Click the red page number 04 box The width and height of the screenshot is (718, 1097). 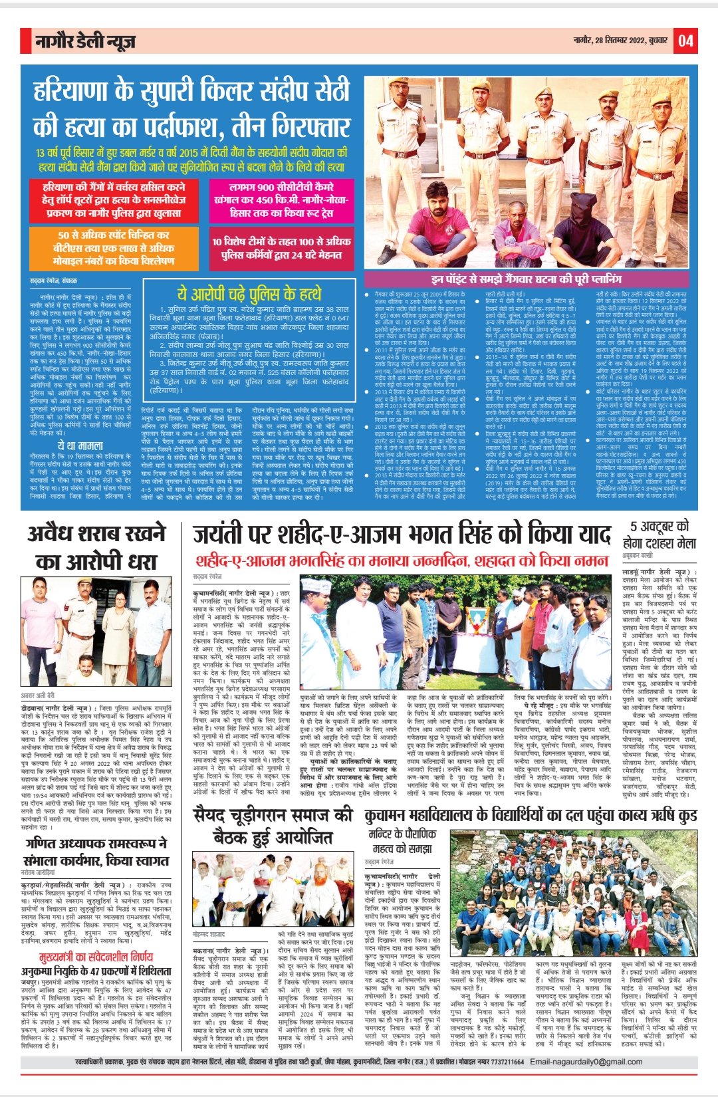tap(686, 41)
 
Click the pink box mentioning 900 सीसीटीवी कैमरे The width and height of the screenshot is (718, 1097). tap(281, 200)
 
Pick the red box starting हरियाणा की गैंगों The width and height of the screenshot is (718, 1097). tap(114, 200)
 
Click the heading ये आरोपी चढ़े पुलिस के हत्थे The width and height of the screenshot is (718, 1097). tap(249, 293)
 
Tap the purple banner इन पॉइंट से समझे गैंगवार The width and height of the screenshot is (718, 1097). tap(525, 279)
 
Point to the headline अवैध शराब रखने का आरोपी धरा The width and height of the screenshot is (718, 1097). tap(96, 547)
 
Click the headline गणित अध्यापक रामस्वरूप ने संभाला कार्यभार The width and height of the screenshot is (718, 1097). tap(96, 852)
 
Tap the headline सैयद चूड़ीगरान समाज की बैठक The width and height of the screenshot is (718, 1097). tap(273, 825)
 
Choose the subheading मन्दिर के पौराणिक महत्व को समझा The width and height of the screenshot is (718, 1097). tap(402, 841)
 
